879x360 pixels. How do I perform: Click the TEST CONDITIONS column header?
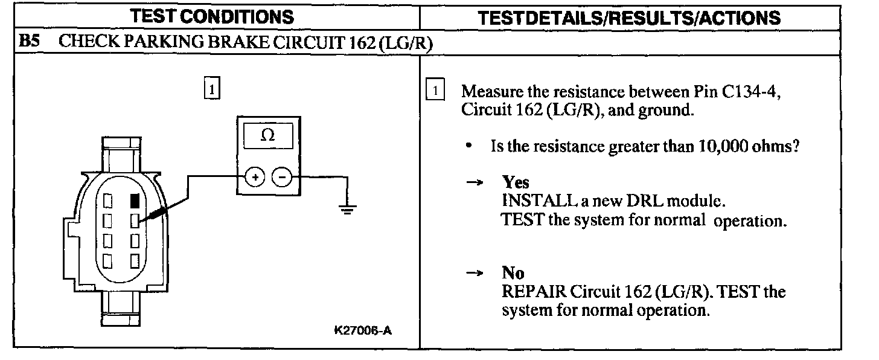click(215, 16)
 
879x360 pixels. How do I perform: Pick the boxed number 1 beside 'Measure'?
click(435, 92)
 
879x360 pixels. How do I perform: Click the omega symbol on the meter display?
click(267, 135)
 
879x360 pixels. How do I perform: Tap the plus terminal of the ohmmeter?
click(255, 177)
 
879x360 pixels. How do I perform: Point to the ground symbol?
click(347, 210)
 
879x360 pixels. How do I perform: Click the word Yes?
click(516, 182)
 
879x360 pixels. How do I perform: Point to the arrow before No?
click(473, 273)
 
